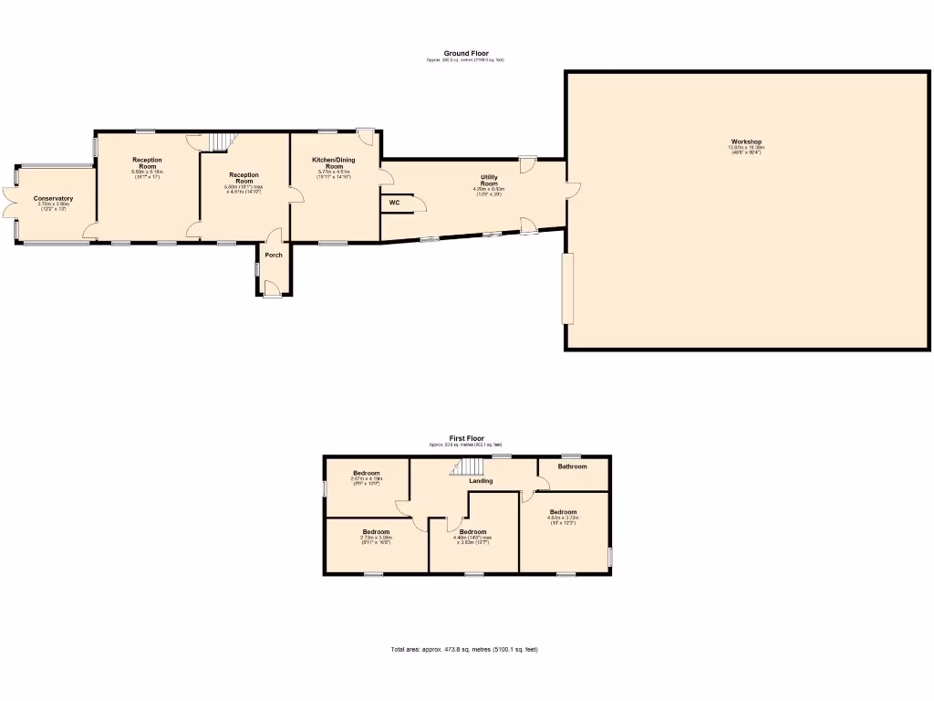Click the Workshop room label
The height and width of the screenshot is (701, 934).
(x=745, y=142)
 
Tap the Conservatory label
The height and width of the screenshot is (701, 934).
(x=53, y=199)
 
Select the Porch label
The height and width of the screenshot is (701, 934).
(x=274, y=255)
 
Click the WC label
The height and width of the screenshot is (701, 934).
(x=394, y=203)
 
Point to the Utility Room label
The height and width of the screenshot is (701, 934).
(x=489, y=180)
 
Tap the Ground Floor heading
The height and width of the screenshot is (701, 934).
(x=466, y=54)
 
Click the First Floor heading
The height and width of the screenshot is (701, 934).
(x=466, y=438)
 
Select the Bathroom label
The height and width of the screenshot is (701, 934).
(x=572, y=466)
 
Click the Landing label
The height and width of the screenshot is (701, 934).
(x=481, y=481)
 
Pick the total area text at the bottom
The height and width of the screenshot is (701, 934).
(x=464, y=649)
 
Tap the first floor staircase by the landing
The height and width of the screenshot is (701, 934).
(x=467, y=467)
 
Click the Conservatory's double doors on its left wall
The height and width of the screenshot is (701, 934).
(x=7, y=203)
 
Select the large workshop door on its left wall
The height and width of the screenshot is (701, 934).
(x=567, y=288)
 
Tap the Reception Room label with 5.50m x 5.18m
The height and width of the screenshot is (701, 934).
(x=146, y=163)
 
